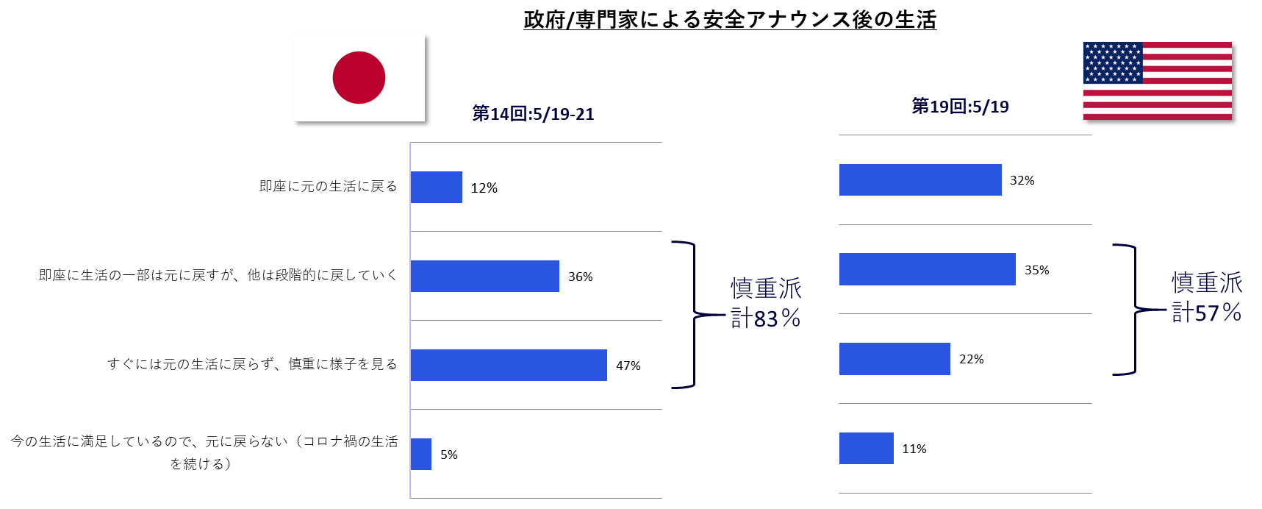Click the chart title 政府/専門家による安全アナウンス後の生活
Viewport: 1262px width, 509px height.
click(730, 20)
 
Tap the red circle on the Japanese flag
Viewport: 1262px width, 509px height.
click(359, 77)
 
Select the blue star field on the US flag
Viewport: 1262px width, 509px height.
click(1113, 63)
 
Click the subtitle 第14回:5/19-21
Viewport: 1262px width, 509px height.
click(533, 114)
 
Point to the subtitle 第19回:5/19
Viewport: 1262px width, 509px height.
click(960, 107)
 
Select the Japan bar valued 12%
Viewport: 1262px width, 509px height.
click(437, 187)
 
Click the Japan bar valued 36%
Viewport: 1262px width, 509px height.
click(485, 276)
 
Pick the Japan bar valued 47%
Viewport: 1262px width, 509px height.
click(509, 365)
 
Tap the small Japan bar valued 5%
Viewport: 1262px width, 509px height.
click(421, 454)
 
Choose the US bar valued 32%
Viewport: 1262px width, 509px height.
click(920, 179)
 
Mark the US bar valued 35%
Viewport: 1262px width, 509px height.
click(928, 269)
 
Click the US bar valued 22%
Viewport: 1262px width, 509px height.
click(894, 359)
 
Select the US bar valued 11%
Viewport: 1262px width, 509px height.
click(867, 448)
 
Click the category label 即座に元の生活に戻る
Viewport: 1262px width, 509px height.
click(328, 186)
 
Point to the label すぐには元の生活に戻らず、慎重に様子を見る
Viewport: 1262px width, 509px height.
click(252, 364)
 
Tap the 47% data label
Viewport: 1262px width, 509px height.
click(628, 366)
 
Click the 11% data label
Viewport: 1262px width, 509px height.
click(914, 449)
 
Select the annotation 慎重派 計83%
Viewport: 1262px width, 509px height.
click(766, 302)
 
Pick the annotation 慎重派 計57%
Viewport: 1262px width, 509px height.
click(1207, 297)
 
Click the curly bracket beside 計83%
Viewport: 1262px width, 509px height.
click(695, 315)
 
